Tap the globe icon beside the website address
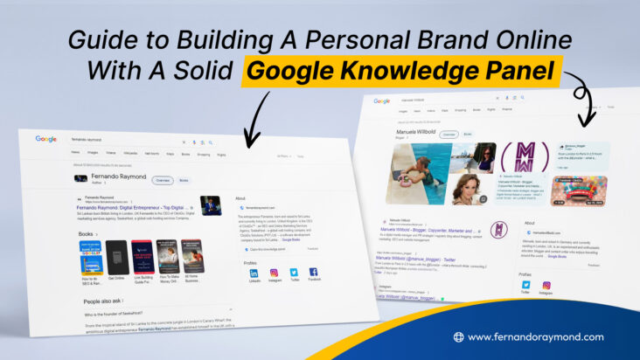click(458, 337)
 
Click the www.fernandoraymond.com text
click(535, 337)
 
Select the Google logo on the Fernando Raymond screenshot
click(45, 139)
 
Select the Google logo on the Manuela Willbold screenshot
click(382, 101)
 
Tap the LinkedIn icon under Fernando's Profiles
click(254, 273)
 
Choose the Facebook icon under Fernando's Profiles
click(314, 273)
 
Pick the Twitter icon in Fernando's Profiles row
click(295, 273)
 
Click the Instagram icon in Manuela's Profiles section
click(546, 285)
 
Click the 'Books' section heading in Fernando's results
click(86, 234)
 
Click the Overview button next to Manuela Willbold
click(449, 135)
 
